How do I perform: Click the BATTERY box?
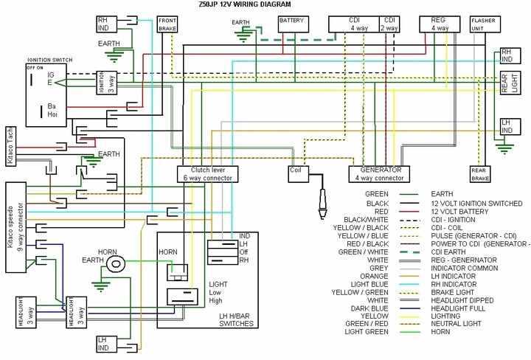pos(291,24)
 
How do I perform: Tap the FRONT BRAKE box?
pos(167,24)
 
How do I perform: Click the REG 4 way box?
pos(440,24)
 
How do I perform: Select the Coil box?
pos(297,173)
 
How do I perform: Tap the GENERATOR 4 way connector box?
pos(379,173)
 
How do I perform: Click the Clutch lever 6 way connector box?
pos(207,173)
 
